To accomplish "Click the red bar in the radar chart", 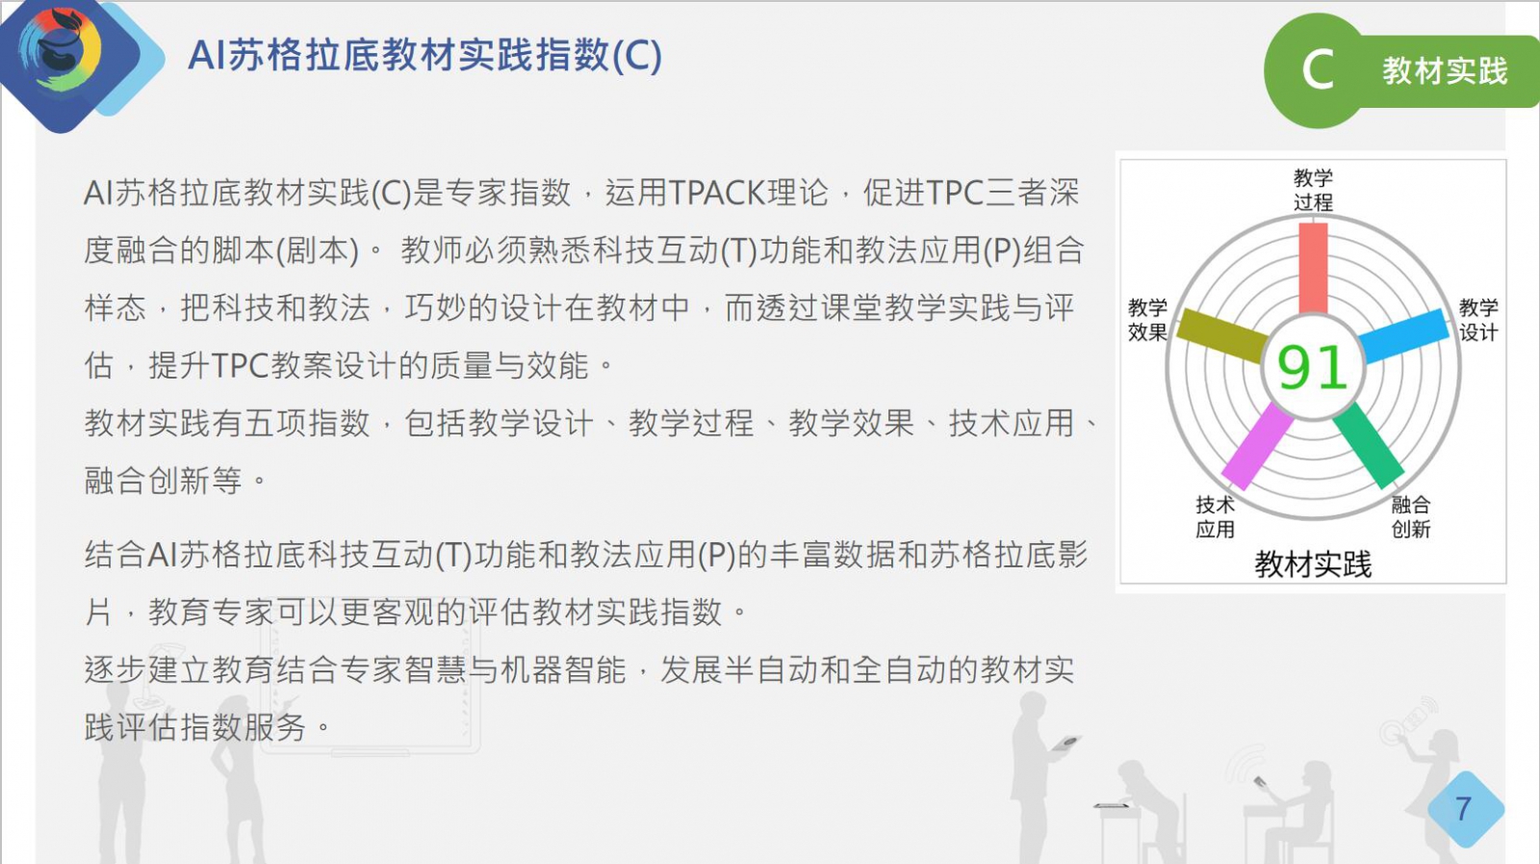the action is [x=1313, y=269].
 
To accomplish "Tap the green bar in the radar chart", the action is [x=1368, y=445].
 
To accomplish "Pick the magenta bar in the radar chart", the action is [x=1257, y=446].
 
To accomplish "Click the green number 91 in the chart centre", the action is [x=1313, y=368].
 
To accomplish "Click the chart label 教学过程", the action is [x=1313, y=190].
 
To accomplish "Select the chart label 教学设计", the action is [x=1478, y=320].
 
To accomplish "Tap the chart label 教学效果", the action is [x=1147, y=320].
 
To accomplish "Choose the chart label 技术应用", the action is [x=1215, y=516].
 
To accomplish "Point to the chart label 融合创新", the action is [x=1411, y=516].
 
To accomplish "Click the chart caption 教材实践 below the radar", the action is [x=1313, y=564].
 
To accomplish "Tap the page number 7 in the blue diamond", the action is [x=1464, y=808].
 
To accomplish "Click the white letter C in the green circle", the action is [x=1318, y=70].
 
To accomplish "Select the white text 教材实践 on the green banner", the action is [x=1445, y=71].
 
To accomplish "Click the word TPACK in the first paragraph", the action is [x=717, y=193].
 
